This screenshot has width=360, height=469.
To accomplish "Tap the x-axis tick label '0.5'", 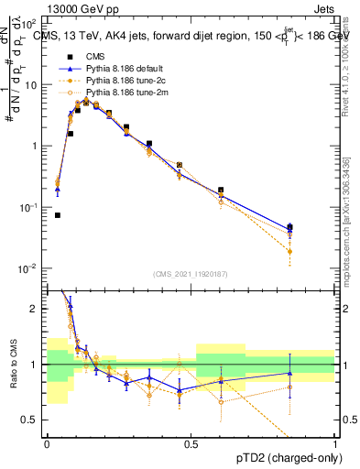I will [x=191, y=443].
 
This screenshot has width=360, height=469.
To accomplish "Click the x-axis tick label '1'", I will [x=334, y=443].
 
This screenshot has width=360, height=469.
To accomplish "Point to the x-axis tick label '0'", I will [x=47, y=443].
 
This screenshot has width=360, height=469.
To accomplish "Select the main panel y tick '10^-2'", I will [x=30, y=268].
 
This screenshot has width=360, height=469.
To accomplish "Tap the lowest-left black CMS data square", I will [x=58, y=215].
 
